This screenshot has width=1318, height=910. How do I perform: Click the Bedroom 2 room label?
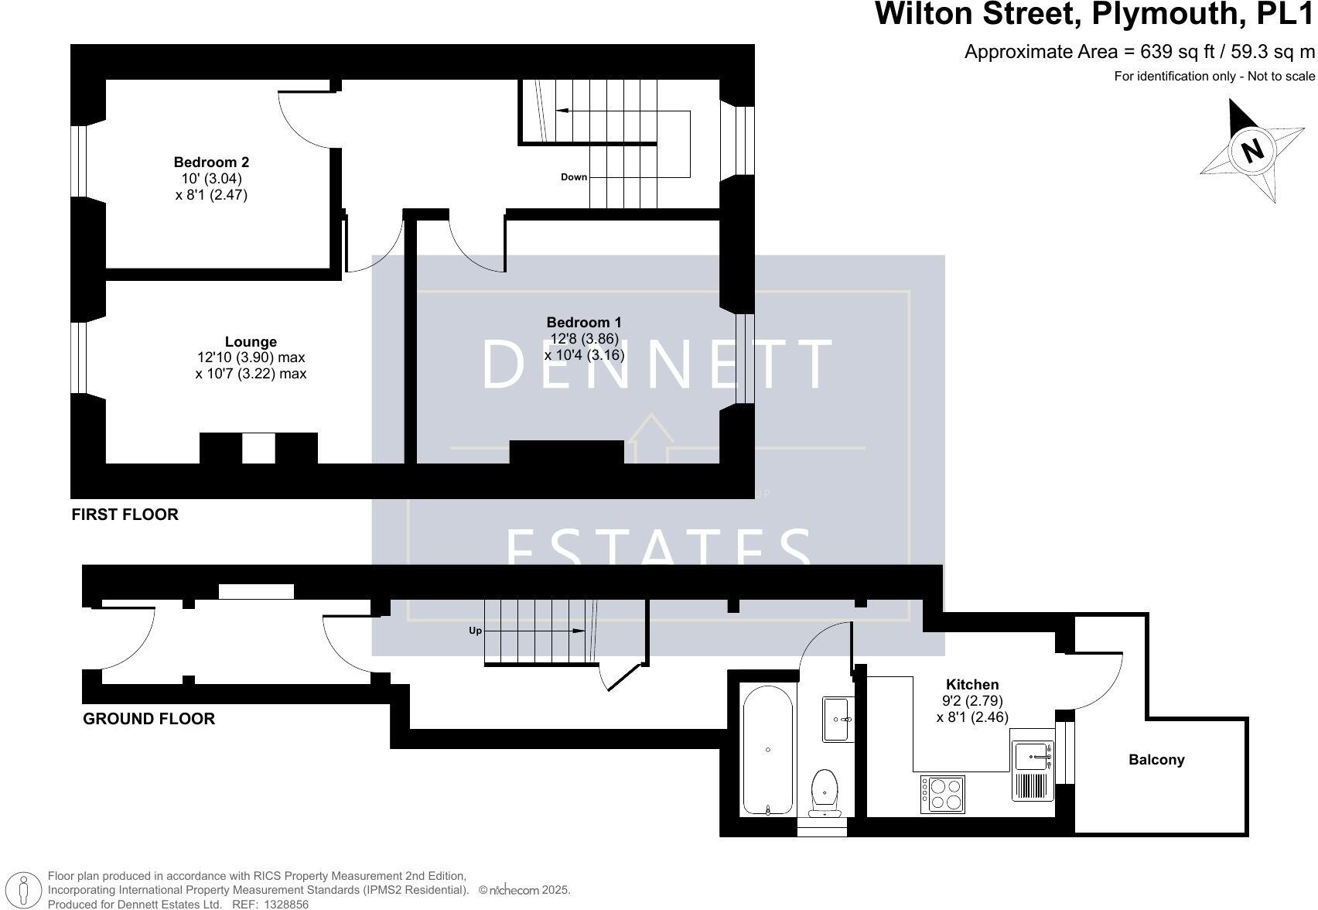tap(211, 162)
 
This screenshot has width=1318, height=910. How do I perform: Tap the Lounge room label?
tap(251, 341)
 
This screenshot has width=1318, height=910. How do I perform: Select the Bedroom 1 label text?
tap(584, 322)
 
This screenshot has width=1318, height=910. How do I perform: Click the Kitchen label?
tap(972, 684)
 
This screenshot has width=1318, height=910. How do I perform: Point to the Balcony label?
tap(1156, 760)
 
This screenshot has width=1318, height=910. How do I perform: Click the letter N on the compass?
tap(1251, 149)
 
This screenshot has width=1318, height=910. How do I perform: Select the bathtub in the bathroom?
tap(767, 750)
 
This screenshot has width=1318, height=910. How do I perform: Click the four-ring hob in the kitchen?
tap(943, 794)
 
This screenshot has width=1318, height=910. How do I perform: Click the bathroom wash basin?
tap(838, 719)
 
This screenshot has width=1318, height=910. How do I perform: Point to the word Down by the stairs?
tap(574, 177)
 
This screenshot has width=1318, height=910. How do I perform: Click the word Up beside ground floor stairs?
tap(475, 631)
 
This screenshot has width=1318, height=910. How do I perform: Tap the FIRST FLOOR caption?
tap(125, 515)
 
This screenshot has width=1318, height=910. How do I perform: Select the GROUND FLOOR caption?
tap(149, 719)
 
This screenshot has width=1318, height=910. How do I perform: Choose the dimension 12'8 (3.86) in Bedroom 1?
tap(584, 338)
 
